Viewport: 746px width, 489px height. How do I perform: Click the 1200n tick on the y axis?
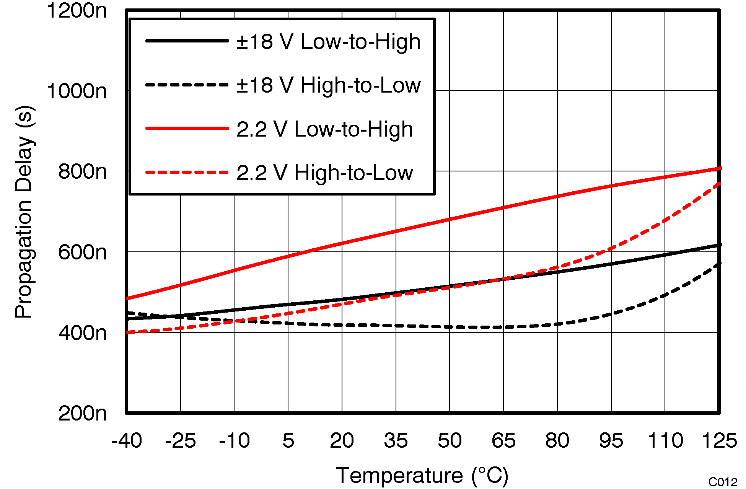[x=77, y=11]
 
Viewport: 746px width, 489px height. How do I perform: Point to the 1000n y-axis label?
[x=77, y=91]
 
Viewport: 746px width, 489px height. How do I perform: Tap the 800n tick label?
[x=82, y=171]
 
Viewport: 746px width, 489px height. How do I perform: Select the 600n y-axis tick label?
[x=82, y=253]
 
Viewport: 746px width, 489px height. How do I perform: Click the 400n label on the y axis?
[x=82, y=333]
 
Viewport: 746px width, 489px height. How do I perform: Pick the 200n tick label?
[x=82, y=414]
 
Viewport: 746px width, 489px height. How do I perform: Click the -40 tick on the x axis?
[x=127, y=441]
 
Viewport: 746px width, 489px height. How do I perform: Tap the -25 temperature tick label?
[x=180, y=441]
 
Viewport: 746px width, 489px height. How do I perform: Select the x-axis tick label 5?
[x=288, y=441]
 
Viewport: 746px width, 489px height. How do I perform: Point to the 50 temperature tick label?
[x=450, y=441]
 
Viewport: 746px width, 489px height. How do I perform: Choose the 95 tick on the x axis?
[x=611, y=441]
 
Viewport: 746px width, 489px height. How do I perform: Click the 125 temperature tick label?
[x=719, y=441]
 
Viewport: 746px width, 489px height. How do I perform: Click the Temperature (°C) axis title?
[x=422, y=476]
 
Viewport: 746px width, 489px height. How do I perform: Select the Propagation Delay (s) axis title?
[x=24, y=212]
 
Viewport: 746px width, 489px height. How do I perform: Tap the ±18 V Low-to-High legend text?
[x=328, y=41]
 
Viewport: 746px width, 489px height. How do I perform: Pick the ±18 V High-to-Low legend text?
[x=328, y=85]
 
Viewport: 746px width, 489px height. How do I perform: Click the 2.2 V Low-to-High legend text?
[x=324, y=129]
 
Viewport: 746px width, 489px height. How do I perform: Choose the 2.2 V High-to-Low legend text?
[x=324, y=173]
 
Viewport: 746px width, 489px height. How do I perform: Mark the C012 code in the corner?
[x=723, y=482]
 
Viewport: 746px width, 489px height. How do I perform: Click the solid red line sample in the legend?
[x=187, y=129]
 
